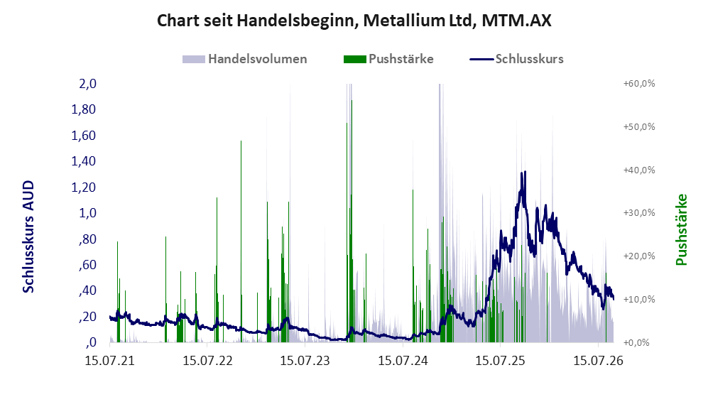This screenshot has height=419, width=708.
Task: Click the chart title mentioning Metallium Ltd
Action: click(x=354, y=21)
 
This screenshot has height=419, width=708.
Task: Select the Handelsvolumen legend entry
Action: click(x=245, y=59)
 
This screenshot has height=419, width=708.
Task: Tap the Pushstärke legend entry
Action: click(x=388, y=59)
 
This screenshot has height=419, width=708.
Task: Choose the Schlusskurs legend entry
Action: click(x=516, y=59)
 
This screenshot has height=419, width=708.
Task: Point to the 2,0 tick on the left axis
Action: click(x=87, y=84)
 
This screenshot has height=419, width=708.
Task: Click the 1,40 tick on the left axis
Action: click(x=84, y=161)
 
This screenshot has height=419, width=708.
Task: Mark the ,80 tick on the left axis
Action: click(x=87, y=239)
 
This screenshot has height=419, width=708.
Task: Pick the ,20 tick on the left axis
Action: click(x=87, y=317)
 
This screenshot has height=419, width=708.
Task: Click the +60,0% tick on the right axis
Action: click(x=639, y=84)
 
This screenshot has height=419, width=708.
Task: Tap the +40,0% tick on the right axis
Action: click(x=639, y=170)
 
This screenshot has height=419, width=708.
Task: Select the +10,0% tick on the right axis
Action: click(x=639, y=300)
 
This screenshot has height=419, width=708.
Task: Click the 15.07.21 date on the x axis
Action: click(x=110, y=361)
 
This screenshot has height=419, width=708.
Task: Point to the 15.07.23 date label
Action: click(x=305, y=361)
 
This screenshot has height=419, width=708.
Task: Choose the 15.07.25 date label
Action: click(x=501, y=361)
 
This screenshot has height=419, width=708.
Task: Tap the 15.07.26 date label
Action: click(x=598, y=361)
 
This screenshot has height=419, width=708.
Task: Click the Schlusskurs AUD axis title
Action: click(x=28, y=236)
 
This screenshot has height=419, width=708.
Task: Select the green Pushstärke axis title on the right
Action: click(x=681, y=229)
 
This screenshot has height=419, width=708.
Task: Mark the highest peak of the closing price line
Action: click(x=524, y=172)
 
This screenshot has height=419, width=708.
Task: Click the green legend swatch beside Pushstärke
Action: click(x=354, y=59)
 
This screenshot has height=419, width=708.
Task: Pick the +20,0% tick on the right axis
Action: click(x=639, y=256)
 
